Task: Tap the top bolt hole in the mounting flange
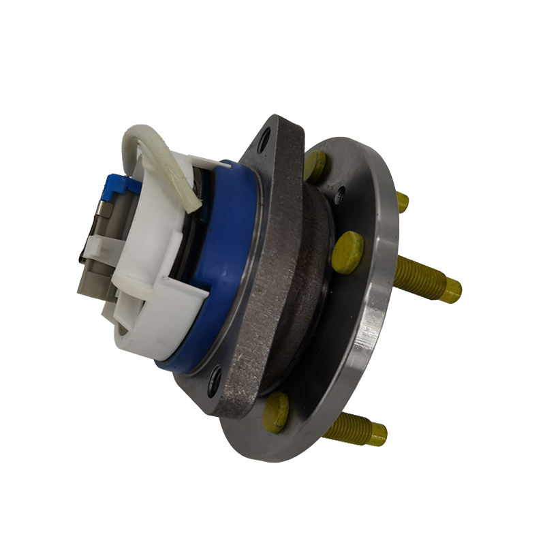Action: tap(264, 142)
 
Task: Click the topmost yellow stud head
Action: tap(315, 166)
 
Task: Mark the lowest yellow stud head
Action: tap(275, 412)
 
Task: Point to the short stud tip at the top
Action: tap(403, 202)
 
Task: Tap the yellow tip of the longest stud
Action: tap(450, 290)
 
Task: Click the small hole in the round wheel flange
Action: tap(339, 194)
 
